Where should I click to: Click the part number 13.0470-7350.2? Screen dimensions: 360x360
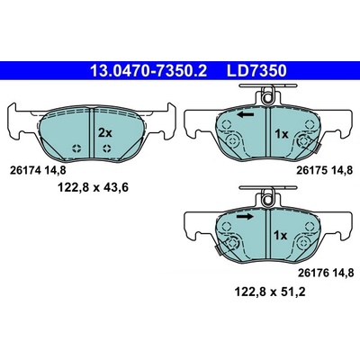click(148, 71)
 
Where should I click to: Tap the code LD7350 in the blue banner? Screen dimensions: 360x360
click(256, 71)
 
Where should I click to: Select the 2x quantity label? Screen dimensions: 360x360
click(105, 132)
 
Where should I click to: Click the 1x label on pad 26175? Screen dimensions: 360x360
click(282, 134)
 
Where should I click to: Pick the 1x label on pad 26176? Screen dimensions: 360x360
click(280, 236)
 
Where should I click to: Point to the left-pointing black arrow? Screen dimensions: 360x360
click(245, 114)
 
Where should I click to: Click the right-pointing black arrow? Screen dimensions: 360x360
click(245, 217)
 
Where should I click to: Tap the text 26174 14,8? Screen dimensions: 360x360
click(38, 170)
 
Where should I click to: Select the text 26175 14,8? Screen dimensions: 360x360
click(325, 170)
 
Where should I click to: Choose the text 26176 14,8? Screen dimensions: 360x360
click(326, 273)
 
